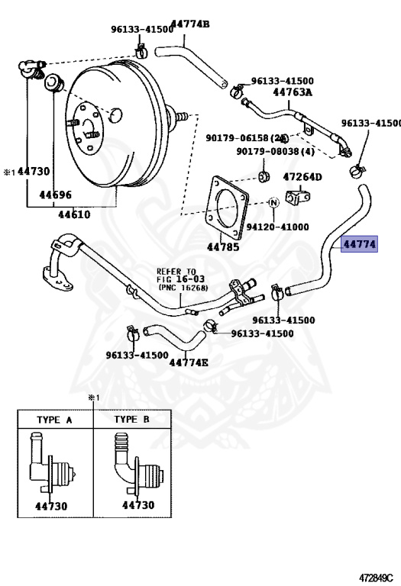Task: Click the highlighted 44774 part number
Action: (x=359, y=244)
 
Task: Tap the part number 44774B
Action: (x=191, y=24)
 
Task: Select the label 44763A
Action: (x=293, y=92)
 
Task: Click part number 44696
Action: (x=55, y=195)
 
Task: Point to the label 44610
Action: (x=74, y=214)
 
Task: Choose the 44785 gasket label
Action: (x=223, y=246)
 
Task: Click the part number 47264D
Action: (x=302, y=177)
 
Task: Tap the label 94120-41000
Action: (x=277, y=227)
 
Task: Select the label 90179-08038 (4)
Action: (x=275, y=151)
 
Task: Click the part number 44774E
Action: (x=189, y=362)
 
